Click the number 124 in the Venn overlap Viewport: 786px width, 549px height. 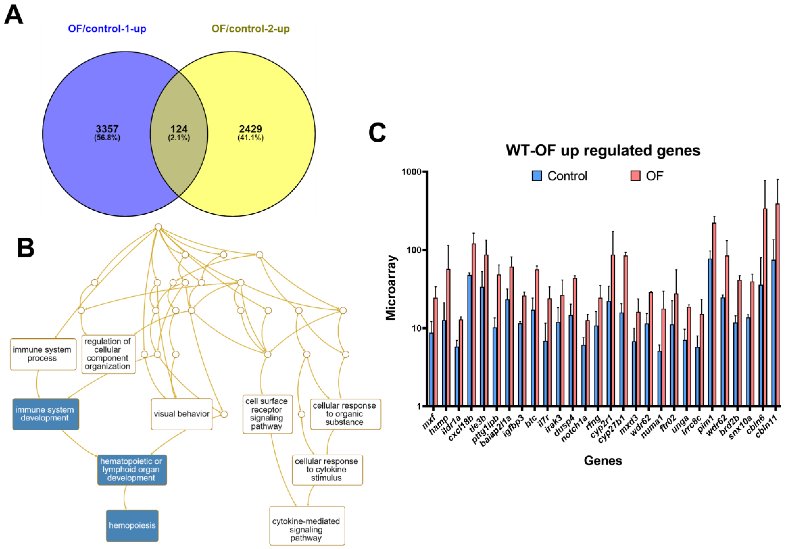coord(179,129)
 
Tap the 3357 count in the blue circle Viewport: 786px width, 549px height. coord(107,129)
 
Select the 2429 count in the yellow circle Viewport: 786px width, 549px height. coord(251,129)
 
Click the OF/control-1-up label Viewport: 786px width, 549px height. coord(107,28)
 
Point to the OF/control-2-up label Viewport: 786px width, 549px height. coord(251,28)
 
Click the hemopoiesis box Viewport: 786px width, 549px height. coord(132,525)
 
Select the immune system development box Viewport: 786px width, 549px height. coord(46,414)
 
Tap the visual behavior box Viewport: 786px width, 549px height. coord(181,414)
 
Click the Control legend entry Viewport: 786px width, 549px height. coord(560,176)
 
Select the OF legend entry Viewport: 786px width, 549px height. coord(647,176)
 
